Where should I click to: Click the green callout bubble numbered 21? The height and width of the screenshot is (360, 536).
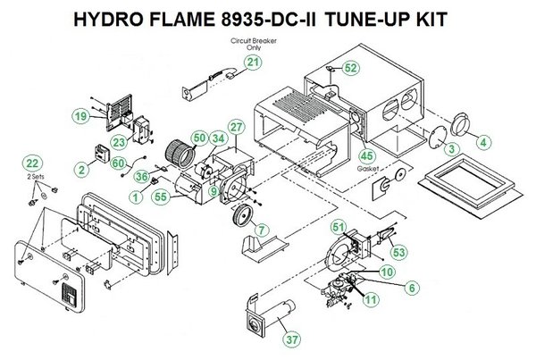[x=255, y=62]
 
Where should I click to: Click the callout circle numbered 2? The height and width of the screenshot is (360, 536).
[x=81, y=167]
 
